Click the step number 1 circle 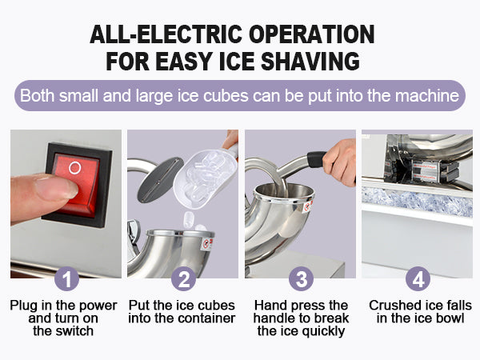click(x=66, y=279)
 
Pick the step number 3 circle click(x=300, y=279)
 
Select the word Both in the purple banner click(x=38, y=96)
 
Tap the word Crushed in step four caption click(x=394, y=306)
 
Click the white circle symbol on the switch click(x=74, y=169)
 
